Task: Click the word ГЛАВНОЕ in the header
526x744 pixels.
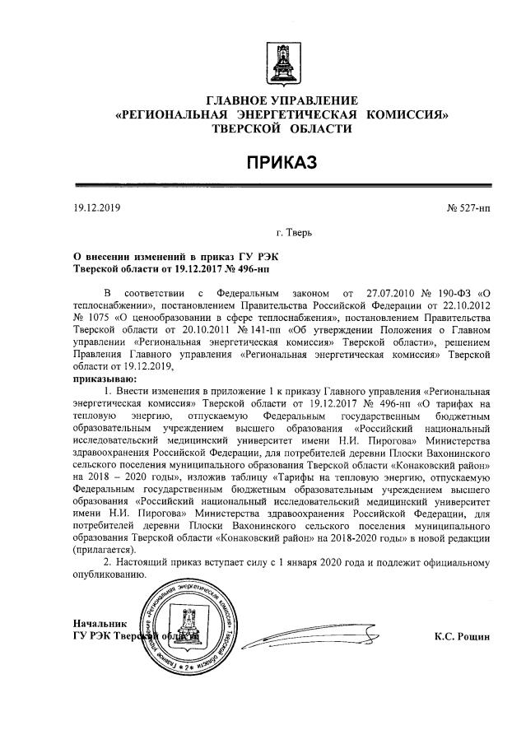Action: [x=240, y=100]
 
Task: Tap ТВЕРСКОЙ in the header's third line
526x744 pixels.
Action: [x=244, y=129]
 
